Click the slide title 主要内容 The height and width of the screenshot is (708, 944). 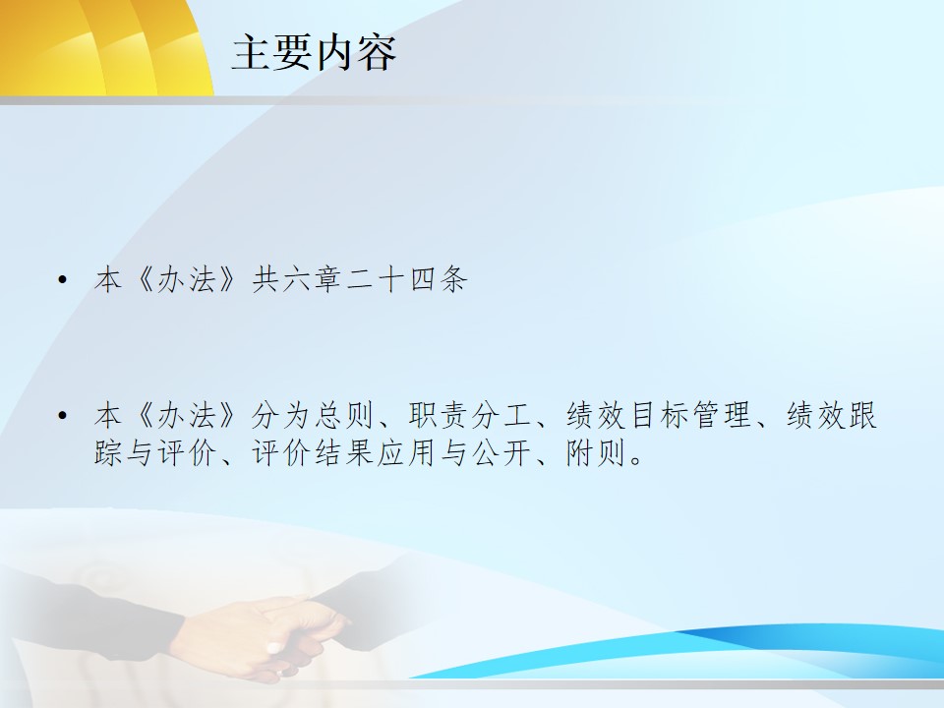314,52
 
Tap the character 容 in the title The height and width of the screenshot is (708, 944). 377,52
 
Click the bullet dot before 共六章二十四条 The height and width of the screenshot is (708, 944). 62,279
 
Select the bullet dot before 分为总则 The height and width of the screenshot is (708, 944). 62,415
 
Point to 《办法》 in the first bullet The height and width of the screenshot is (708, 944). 189,280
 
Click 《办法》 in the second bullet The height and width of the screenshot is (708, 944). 189,415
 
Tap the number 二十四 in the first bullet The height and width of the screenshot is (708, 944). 392,280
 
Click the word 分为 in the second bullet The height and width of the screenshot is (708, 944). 282,415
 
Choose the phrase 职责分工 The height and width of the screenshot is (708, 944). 470,415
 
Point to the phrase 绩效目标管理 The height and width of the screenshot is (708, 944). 658,415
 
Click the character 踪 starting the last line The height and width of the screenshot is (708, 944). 109,452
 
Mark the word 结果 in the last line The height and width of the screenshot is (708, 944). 345,452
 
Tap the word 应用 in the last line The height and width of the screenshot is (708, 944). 407,452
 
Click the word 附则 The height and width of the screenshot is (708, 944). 596,452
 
